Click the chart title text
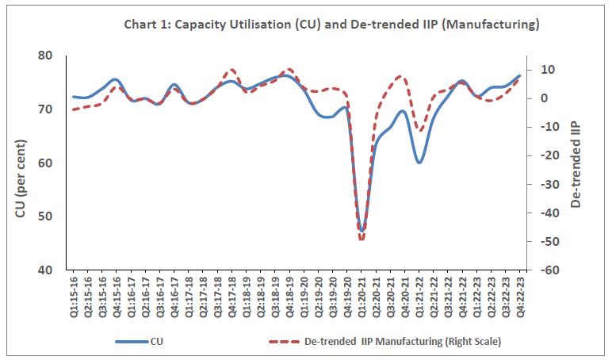pos(331,25)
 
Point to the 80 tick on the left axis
pos(44,56)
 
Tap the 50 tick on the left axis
pos(44,216)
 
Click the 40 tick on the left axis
pos(44,270)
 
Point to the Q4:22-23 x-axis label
pos(520,297)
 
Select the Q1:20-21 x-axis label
pos(361,297)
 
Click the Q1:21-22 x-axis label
pos(419,297)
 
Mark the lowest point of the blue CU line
pos(361,231)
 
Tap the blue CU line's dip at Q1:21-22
pos(419,162)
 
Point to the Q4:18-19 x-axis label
pos(289,297)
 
